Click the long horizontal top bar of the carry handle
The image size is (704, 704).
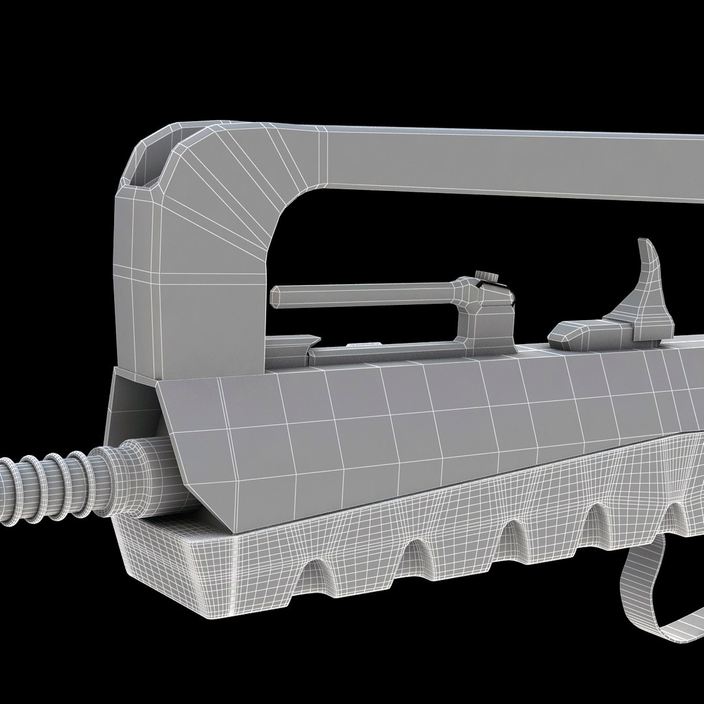coord(508,160)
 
